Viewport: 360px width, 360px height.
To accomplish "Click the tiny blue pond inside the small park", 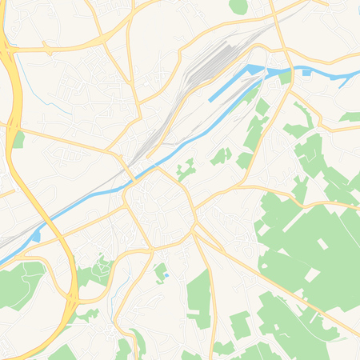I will pos(166,276).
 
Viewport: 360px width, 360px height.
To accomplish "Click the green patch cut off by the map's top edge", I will pos(238,6).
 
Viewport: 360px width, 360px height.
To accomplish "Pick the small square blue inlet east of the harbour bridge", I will pos(306,73).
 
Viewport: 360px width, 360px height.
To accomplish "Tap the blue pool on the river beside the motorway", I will pos(36,236).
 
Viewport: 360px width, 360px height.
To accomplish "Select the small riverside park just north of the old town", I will pos(186,169).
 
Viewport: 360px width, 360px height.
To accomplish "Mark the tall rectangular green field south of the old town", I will pos(198,299).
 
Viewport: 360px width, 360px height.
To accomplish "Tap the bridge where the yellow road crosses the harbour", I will pos(273,72).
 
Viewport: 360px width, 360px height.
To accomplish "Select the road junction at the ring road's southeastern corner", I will pos(194,232).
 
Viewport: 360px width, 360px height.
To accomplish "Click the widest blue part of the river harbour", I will pos(254,71).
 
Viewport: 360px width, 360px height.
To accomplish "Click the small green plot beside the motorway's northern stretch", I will pos(18,140).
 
